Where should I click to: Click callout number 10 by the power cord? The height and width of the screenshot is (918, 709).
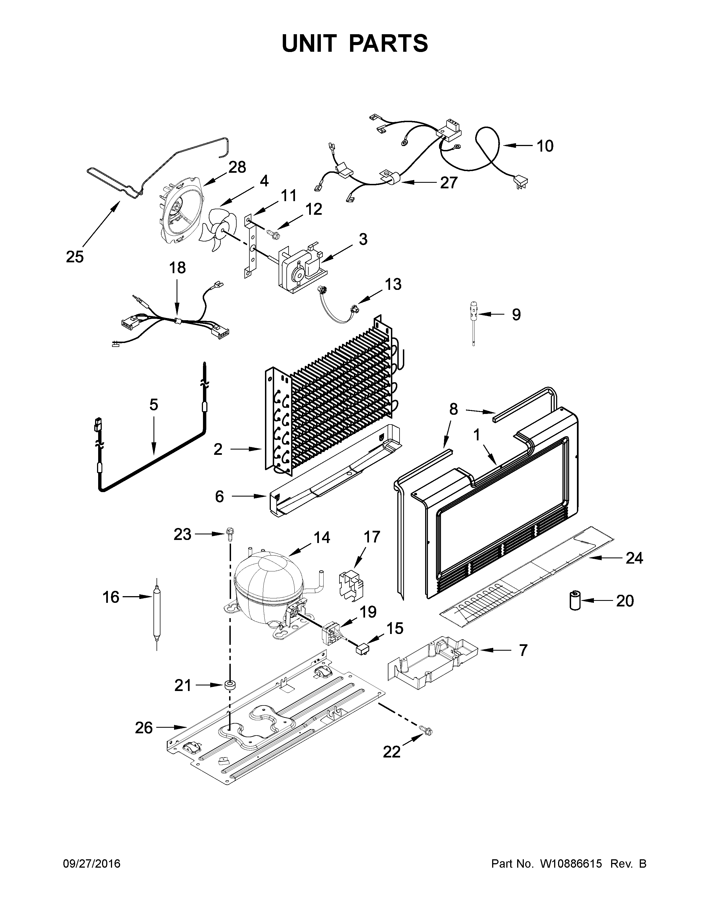coord(545,146)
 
